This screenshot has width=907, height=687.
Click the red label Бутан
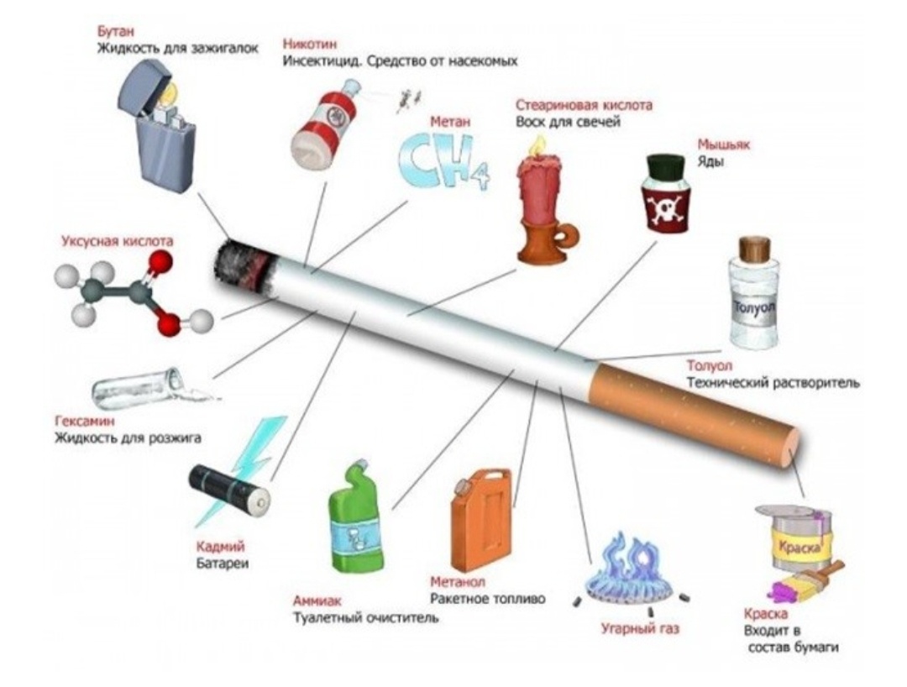tap(113, 30)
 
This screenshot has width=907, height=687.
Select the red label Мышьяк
tap(723, 144)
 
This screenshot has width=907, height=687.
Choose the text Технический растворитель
tap(773, 383)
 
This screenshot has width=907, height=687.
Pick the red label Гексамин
tap(85, 422)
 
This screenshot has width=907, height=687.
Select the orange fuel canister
tap(482, 521)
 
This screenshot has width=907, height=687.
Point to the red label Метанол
tap(458, 581)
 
